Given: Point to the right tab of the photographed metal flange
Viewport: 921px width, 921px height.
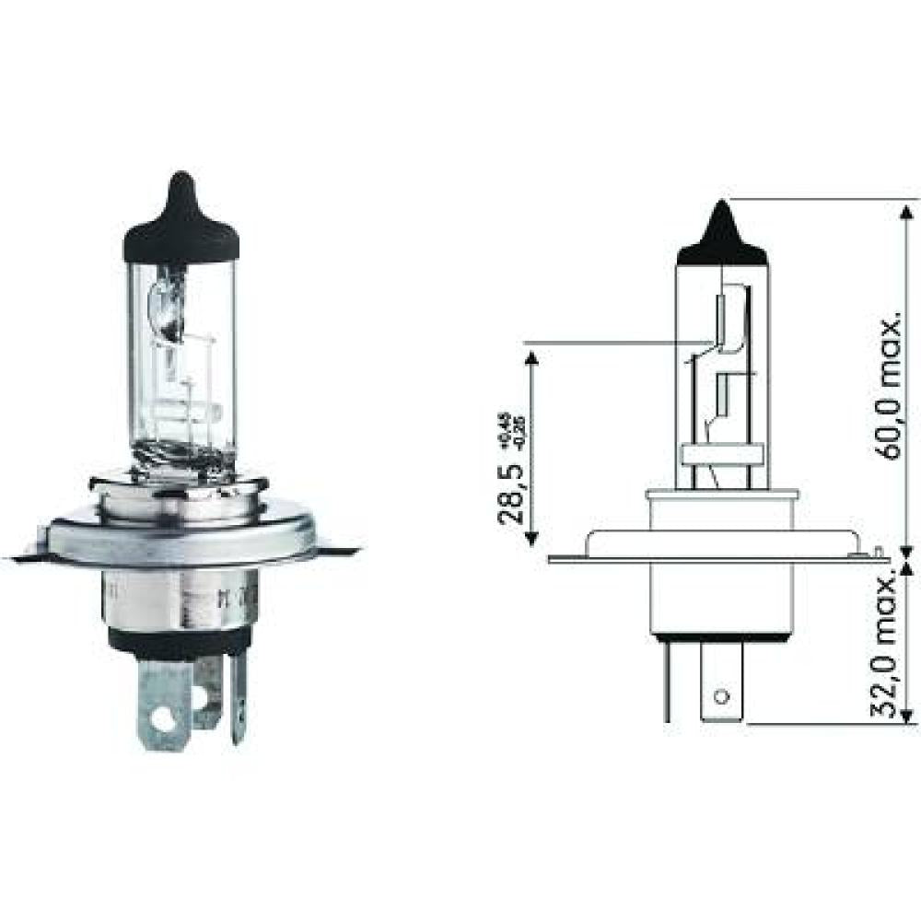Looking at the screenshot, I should (341, 550).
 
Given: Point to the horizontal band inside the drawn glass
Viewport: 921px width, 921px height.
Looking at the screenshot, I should (721, 454).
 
